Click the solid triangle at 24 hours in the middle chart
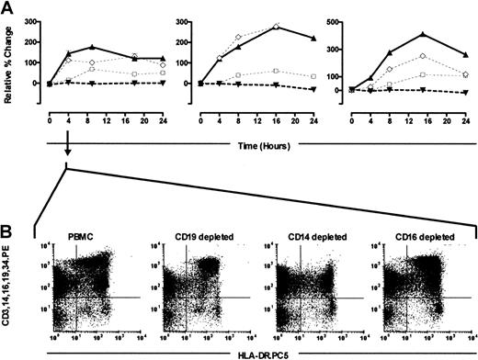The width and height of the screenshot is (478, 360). [x=313, y=39]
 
